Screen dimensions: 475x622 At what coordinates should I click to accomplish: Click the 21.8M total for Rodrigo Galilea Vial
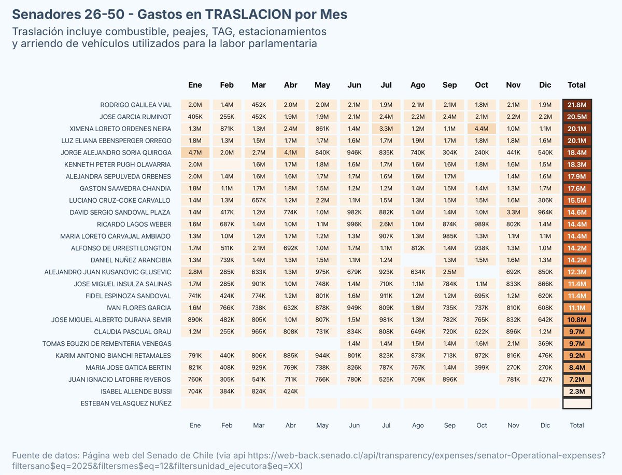(x=577, y=105)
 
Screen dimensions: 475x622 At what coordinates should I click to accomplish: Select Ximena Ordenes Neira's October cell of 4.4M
(x=482, y=129)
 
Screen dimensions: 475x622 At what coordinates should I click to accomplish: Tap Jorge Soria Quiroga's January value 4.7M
(x=195, y=152)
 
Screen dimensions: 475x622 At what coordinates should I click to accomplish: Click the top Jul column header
(x=386, y=85)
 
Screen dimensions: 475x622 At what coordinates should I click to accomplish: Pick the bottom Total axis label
(x=577, y=425)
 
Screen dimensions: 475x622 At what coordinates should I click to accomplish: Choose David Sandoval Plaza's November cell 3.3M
(x=513, y=212)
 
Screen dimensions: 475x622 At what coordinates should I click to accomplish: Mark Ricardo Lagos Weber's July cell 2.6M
(x=386, y=224)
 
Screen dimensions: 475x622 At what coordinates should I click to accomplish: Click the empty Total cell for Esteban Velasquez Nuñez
(x=577, y=403)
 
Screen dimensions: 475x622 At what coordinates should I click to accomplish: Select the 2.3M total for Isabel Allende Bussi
(x=577, y=392)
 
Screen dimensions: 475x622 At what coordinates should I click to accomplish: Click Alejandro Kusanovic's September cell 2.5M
(x=450, y=272)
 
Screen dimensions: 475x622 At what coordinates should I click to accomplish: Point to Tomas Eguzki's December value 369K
(x=545, y=344)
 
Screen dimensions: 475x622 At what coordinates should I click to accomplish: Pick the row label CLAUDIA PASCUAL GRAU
(x=132, y=332)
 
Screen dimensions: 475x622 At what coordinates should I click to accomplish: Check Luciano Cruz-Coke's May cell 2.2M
(x=322, y=200)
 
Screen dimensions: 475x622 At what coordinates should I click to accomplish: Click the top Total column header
(x=577, y=85)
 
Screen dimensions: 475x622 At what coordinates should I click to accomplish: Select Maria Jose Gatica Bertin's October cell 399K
(x=482, y=368)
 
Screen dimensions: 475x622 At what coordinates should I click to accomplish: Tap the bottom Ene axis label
(x=195, y=425)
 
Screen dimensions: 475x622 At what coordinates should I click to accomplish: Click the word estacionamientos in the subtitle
(x=280, y=31)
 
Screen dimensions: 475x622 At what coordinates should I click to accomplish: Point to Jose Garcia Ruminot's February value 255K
(x=227, y=117)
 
